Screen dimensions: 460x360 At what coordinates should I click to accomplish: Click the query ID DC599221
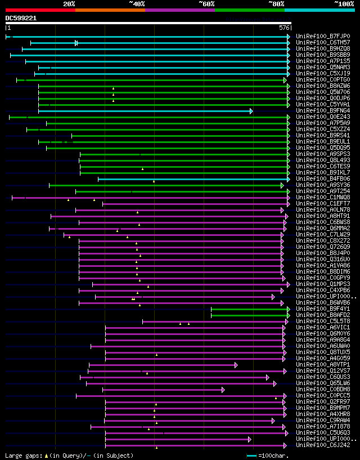click(21, 18)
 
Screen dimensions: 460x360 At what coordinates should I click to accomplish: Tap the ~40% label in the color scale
click(137, 3)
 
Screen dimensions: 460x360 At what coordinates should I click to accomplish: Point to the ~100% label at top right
click(344, 3)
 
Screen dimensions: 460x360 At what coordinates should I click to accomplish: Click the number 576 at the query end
click(284, 28)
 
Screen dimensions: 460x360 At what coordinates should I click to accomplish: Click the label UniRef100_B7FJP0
click(322, 37)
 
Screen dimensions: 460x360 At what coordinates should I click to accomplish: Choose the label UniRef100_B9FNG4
click(322, 111)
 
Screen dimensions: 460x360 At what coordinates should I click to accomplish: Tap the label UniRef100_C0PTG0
click(322, 80)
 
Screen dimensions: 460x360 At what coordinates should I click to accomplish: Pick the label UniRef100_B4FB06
click(322, 179)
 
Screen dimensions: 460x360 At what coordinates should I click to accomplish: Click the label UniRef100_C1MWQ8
click(322, 198)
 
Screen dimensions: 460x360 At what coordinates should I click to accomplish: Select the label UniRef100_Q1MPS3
click(322, 284)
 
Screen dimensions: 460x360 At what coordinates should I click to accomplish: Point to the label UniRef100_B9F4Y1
click(322, 309)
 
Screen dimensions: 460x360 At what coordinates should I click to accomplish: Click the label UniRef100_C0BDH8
click(322, 390)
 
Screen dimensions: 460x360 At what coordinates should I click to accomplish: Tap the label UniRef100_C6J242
click(322, 445)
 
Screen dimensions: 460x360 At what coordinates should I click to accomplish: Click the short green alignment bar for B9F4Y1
click(250, 309)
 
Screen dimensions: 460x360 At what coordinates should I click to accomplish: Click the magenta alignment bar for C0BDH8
click(163, 390)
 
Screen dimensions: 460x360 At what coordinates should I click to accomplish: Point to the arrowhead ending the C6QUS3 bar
click(268, 377)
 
